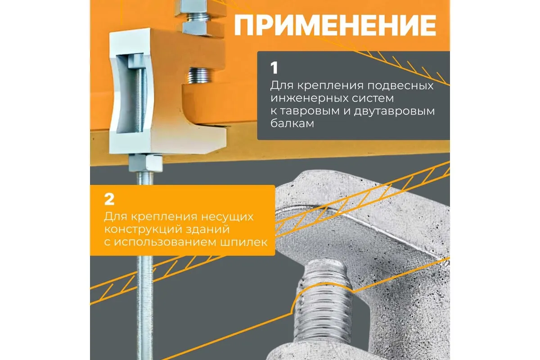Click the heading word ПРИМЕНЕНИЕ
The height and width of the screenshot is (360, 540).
(x=335, y=25)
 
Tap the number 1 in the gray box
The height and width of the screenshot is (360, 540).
(x=274, y=68)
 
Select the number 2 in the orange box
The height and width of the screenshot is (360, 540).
(x=109, y=200)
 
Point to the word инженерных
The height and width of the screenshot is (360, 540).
(x=306, y=99)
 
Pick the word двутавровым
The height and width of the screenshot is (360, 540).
(x=394, y=112)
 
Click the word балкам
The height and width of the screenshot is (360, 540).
(x=292, y=123)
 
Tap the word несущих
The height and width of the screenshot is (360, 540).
(x=227, y=217)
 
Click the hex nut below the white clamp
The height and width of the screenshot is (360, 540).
(x=146, y=163)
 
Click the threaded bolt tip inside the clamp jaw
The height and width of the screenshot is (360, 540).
(x=200, y=75)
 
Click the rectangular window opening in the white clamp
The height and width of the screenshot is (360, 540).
(x=131, y=94)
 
